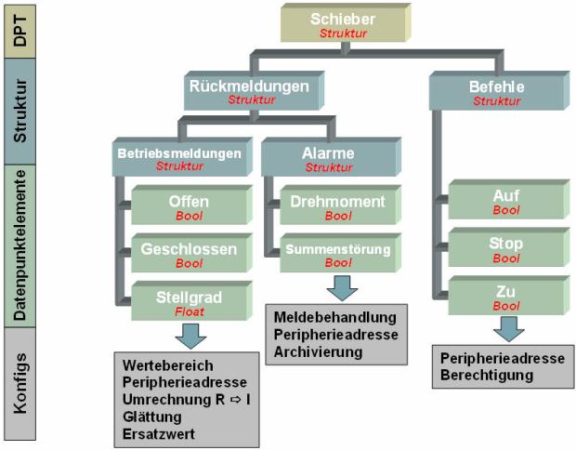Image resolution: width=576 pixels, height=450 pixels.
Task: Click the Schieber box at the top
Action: coord(344,25)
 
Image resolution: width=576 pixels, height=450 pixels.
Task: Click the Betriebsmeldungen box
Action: coord(180,157)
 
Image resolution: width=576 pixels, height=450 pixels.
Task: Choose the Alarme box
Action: coord(328,157)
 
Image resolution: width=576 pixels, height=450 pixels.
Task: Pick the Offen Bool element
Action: coord(189,206)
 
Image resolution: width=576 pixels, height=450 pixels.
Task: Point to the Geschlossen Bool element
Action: coord(189,254)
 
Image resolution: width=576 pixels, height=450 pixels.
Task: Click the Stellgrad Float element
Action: coord(189,302)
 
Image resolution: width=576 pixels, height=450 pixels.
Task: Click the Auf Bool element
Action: coord(506,202)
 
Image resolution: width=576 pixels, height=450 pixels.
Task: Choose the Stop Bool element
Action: coord(506,249)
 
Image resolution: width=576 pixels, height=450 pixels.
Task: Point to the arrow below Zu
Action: coord(506,329)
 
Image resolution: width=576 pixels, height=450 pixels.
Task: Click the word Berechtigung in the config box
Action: coord(488,375)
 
